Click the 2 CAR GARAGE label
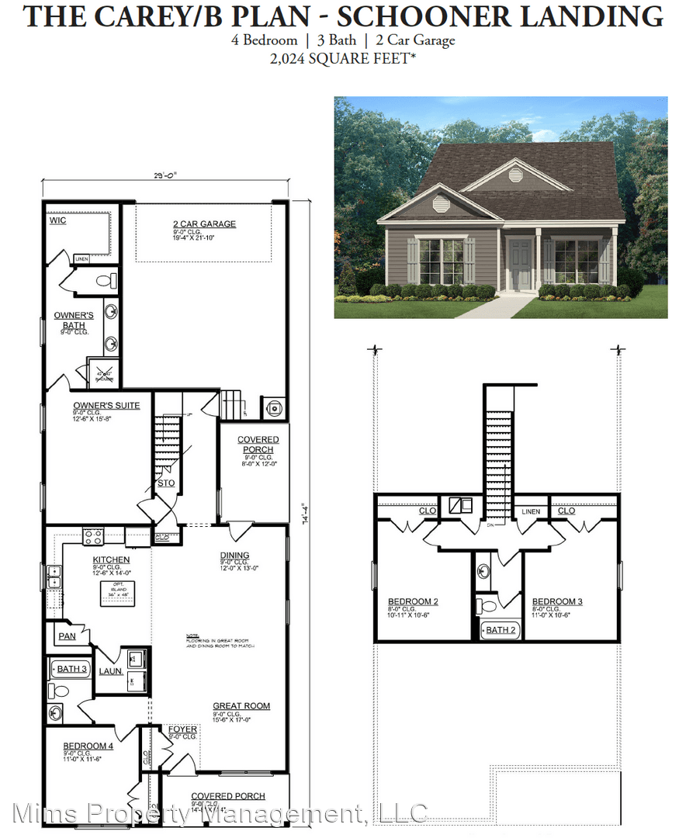click(204, 224)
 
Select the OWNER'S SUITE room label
click(95, 405)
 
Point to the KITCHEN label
click(111, 559)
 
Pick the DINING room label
click(234, 555)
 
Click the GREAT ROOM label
click(241, 706)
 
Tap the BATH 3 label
click(72, 668)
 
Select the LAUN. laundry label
click(111, 671)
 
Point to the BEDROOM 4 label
click(88, 746)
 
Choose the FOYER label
click(182, 730)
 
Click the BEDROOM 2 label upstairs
click(413, 601)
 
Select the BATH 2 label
click(501, 630)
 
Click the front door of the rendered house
click(519, 264)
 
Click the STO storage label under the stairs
click(166, 483)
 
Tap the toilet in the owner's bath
click(109, 279)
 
